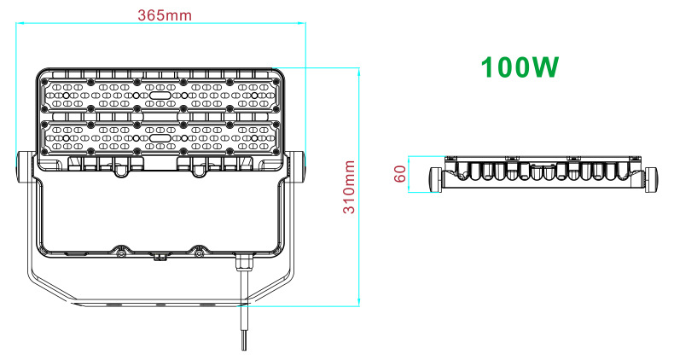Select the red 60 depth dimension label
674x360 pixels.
click(x=398, y=175)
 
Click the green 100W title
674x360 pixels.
click(x=520, y=67)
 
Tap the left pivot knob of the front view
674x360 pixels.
click(x=25, y=168)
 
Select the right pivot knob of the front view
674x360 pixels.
click(x=295, y=168)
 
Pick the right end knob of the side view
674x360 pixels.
click(x=653, y=177)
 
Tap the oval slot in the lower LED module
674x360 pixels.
click(x=160, y=136)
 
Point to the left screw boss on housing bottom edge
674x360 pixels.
click(x=121, y=253)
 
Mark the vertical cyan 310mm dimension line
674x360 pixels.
click(x=359, y=187)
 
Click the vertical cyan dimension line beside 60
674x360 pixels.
click(x=410, y=175)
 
